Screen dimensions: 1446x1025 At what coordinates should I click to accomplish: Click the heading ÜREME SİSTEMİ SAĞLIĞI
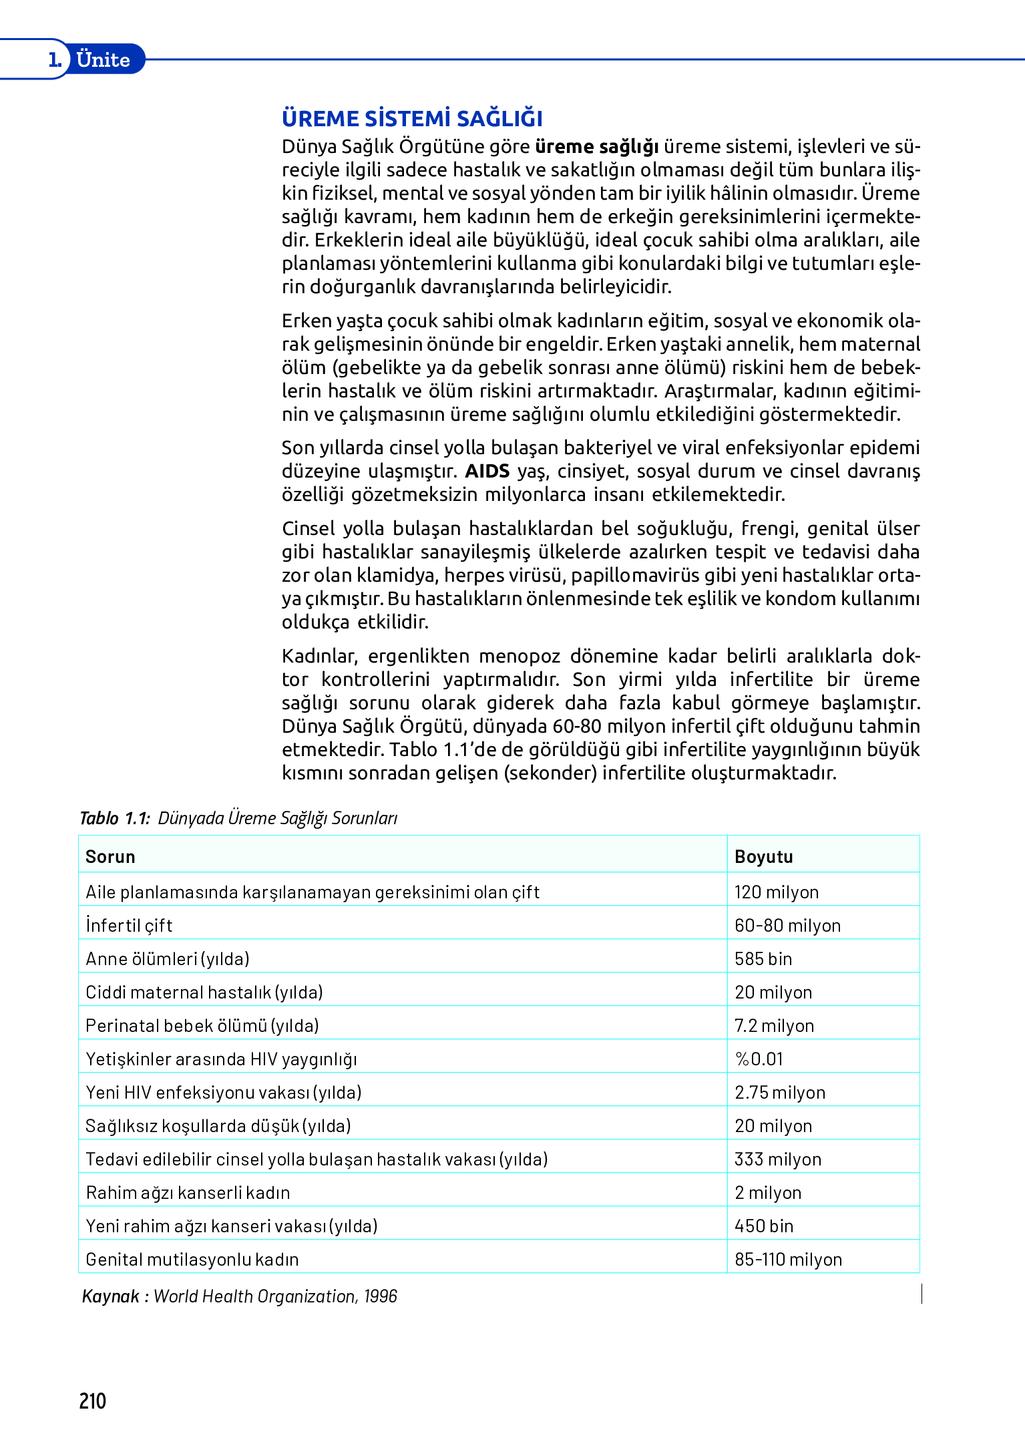(x=412, y=118)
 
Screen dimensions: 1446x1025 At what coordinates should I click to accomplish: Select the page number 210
(x=92, y=1401)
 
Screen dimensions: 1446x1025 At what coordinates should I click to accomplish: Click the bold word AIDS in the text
(x=487, y=471)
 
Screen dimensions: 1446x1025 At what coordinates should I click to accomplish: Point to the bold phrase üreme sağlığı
(x=596, y=146)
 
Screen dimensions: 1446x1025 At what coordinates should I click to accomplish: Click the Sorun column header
(x=110, y=856)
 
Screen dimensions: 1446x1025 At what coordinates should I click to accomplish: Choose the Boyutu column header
(x=763, y=856)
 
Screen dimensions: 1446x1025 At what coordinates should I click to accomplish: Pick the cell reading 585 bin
(x=763, y=958)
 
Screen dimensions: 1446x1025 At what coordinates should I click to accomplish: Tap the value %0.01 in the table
(x=759, y=1059)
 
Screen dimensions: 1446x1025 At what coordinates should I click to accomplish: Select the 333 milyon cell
(x=777, y=1159)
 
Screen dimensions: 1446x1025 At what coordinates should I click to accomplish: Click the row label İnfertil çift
(x=129, y=925)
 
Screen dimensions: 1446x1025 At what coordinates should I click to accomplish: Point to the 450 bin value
(x=763, y=1226)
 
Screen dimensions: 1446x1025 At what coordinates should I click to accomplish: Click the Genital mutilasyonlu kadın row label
(x=192, y=1259)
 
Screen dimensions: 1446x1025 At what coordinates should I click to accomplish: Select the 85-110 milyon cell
(x=788, y=1259)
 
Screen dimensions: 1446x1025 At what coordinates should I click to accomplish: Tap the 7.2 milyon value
(x=774, y=1025)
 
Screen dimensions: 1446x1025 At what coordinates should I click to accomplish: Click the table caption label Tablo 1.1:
(x=114, y=818)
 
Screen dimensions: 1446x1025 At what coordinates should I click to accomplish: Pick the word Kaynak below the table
(x=110, y=1296)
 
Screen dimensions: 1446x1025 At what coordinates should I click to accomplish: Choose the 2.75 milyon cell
(x=779, y=1092)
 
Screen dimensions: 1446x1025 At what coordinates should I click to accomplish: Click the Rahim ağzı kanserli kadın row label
(x=188, y=1192)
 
